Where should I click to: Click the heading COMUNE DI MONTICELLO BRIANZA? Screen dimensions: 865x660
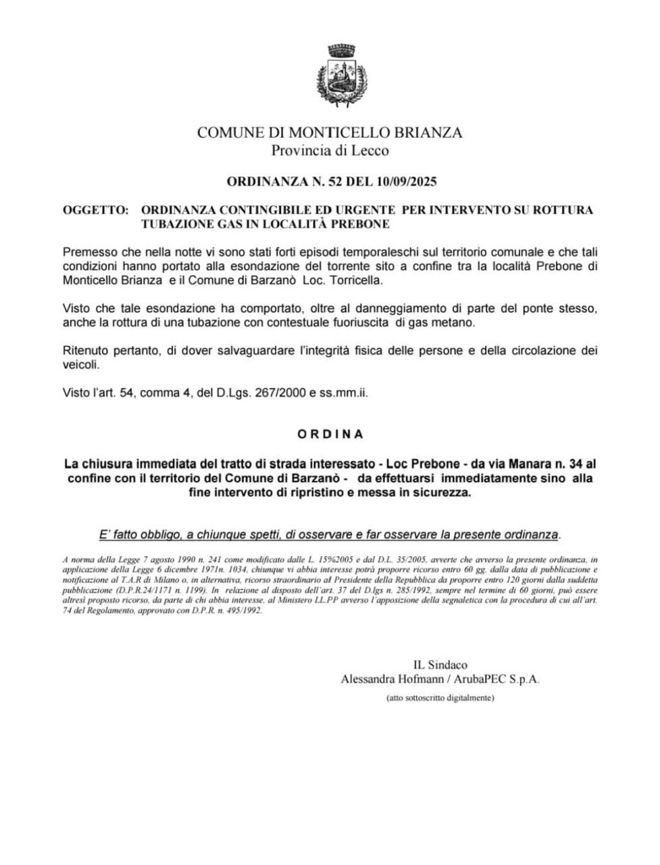tap(330, 132)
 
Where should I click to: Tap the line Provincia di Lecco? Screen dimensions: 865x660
tap(330, 150)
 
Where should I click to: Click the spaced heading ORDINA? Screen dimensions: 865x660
tap(330, 434)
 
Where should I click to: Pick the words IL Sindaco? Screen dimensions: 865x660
tap(440, 665)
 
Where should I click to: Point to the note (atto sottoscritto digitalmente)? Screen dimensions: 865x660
tap(440, 697)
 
